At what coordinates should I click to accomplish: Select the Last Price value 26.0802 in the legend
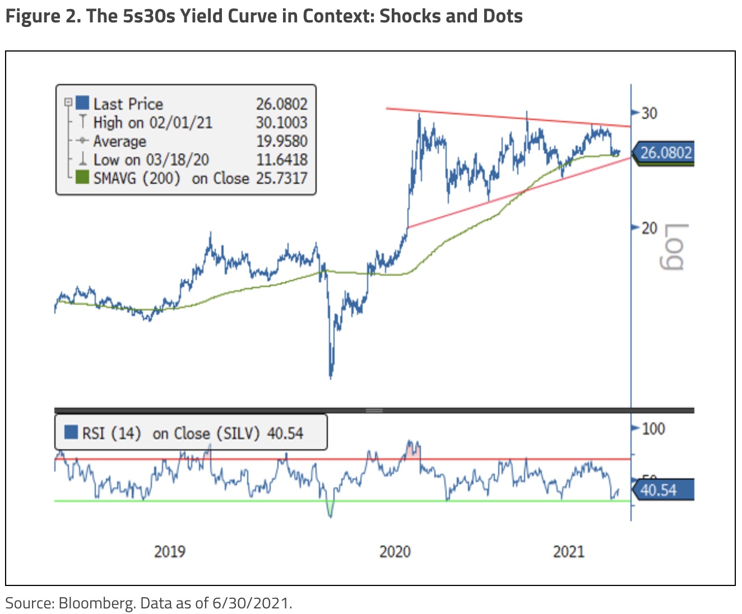[281, 104]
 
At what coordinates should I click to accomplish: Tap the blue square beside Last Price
[82, 103]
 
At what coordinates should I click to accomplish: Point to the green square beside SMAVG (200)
[82, 178]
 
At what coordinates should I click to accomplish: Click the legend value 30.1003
[281, 122]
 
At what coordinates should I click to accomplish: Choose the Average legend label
[119, 141]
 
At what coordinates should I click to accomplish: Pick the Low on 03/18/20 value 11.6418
[281, 160]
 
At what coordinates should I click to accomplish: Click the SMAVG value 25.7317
[281, 178]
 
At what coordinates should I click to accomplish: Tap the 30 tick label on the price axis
[650, 113]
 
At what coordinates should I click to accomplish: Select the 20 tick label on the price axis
[650, 228]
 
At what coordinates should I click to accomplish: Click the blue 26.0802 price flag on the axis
[665, 152]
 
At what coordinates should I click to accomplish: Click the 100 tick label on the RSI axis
[653, 429]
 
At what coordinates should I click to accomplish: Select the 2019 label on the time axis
[170, 552]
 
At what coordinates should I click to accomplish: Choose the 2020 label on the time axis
[395, 552]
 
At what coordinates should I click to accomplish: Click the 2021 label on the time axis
[569, 552]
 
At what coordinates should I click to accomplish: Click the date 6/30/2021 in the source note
[251, 603]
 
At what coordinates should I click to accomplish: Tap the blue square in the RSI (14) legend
[71, 432]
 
